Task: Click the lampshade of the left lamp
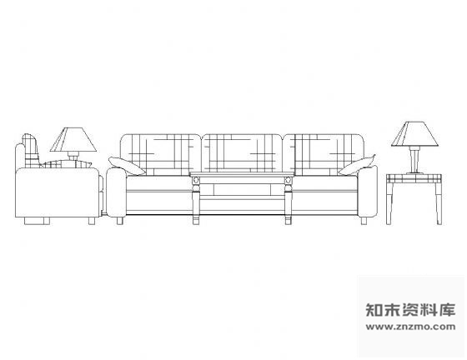[x=73, y=140]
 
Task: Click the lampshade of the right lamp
[x=415, y=134]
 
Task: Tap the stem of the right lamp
[x=414, y=160]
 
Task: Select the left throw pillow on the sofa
[x=127, y=166]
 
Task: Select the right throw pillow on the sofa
[x=357, y=165]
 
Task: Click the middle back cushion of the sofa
[x=242, y=153]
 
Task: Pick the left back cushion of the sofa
[x=161, y=154]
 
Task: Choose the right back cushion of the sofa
[x=324, y=154]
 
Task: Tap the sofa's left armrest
[x=116, y=192]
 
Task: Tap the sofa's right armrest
[x=368, y=192]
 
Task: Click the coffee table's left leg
[x=196, y=200]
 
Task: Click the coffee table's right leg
[x=289, y=200]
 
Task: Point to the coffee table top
[x=242, y=174]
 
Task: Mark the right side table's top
[x=414, y=178]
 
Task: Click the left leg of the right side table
[x=389, y=204]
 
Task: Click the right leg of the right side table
[x=439, y=204]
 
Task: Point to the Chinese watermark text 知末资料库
[x=410, y=310]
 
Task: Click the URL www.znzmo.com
[x=410, y=327]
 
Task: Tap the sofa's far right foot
[x=364, y=221]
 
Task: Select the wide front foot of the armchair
[x=37, y=221]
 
